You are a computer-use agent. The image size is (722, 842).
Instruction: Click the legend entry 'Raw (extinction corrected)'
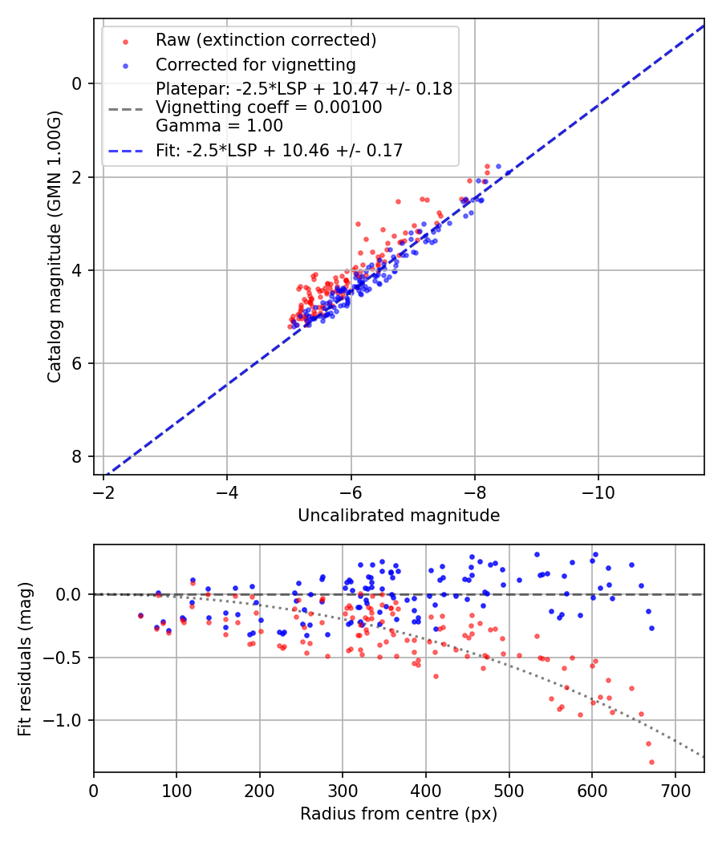[266, 40]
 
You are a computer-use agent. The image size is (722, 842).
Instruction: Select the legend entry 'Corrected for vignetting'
[256, 64]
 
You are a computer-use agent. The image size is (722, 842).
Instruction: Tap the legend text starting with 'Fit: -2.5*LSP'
[279, 150]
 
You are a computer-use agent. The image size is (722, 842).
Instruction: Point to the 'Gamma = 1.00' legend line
[219, 126]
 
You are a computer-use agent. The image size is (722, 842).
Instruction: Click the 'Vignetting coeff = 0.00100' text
[269, 107]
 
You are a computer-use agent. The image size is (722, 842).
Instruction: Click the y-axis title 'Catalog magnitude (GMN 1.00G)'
[54, 245]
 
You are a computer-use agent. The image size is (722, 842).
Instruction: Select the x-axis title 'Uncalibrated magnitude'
[399, 516]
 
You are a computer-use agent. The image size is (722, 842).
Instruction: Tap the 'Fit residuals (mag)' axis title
[24, 658]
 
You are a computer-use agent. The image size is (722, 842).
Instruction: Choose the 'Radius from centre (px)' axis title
[399, 814]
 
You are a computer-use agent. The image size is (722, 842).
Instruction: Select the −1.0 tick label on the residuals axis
[68, 720]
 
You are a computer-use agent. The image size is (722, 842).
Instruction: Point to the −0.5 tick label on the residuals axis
[68, 658]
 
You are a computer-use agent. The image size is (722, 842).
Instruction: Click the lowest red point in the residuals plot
[651, 762]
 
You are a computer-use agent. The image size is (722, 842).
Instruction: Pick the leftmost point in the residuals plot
[140, 616]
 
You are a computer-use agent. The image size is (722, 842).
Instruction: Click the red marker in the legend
[125, 40]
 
